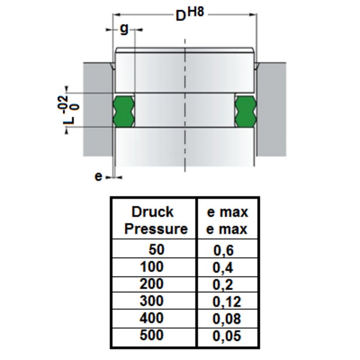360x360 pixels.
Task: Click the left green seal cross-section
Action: tap(124, 110)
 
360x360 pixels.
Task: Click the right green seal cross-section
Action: tap(246, 110)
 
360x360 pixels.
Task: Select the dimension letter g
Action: tap(123, 28)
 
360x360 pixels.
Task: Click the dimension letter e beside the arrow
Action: tap(98, 176)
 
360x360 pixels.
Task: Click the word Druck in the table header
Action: tap(153, 212)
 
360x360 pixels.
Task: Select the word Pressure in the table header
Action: tap(156, 229)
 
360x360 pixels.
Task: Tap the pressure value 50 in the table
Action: tap(155, 250)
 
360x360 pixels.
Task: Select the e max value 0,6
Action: tap(223, 250)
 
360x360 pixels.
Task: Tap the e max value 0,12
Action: tap(227, 301)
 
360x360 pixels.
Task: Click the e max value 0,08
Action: tap(227, 319)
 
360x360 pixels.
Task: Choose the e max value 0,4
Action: tap(223, 267)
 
